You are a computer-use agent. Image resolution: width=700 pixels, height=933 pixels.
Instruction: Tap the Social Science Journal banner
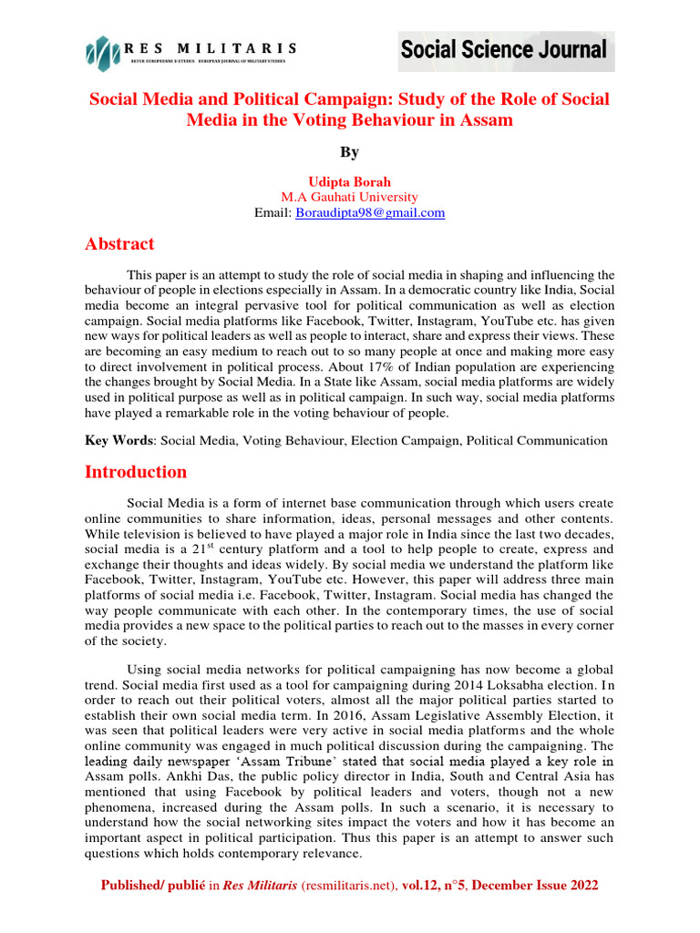(503, 49)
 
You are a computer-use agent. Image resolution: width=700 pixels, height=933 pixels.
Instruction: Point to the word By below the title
(350, 152)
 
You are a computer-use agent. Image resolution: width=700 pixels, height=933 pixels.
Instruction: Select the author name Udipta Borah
(350, 182)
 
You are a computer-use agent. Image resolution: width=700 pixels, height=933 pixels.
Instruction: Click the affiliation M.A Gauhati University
(350, 197)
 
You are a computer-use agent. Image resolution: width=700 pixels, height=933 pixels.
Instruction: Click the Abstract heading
(119, 244)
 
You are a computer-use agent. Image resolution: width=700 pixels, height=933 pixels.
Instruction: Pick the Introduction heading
(136, 472)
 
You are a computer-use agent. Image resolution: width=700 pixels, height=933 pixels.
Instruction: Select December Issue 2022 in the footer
(540, 885)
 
